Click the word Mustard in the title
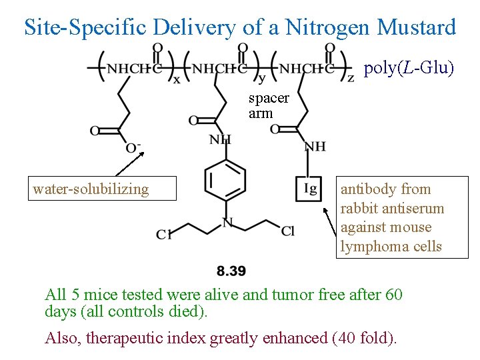(x=417, y=27)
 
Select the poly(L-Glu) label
(x=409, y=69)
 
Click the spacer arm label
(x=269, y=105)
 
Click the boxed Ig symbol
(x=310, y=189)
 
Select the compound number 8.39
(x=231, y=271)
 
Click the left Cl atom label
(x=164, y=234)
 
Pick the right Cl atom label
(x=287, y=231)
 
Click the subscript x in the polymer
(x=176, y=80)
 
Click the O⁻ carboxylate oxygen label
(x=133, y=147)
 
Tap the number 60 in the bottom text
(x=393, y=294)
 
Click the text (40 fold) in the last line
(x=364, y=338)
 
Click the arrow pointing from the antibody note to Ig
(x=331, y=223)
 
